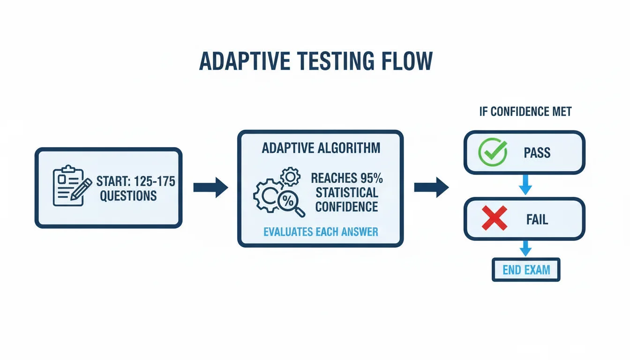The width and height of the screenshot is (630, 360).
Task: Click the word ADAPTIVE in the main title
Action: (244, 61)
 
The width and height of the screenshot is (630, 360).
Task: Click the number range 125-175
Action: (155, 181)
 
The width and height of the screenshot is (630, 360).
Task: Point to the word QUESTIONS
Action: (128, 196)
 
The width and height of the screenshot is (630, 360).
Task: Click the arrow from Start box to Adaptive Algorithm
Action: (210, 187)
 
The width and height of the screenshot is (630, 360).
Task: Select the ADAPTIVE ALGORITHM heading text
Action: (321, 148)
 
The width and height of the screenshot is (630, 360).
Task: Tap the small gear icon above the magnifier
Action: (291, 177)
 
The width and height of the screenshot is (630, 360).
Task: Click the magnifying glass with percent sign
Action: (291, 203)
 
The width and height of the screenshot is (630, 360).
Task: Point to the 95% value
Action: (372, 178)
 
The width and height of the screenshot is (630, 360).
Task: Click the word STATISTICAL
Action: (347, 193)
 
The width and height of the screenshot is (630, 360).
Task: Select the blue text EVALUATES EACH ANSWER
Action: (321, 232)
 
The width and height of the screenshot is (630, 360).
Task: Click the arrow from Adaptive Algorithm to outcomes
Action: (431, 187)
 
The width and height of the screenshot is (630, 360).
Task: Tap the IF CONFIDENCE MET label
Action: (525, 112)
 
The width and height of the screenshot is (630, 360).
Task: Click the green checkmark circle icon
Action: (493, 152)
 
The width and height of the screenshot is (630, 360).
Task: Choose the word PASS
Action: (537, 153)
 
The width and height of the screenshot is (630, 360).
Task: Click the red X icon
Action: (495, 218)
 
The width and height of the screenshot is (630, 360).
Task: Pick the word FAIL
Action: (537, 219)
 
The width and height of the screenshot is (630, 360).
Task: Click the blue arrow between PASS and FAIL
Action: (525, 185)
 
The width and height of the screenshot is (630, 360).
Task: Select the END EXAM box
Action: (526, 270)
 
